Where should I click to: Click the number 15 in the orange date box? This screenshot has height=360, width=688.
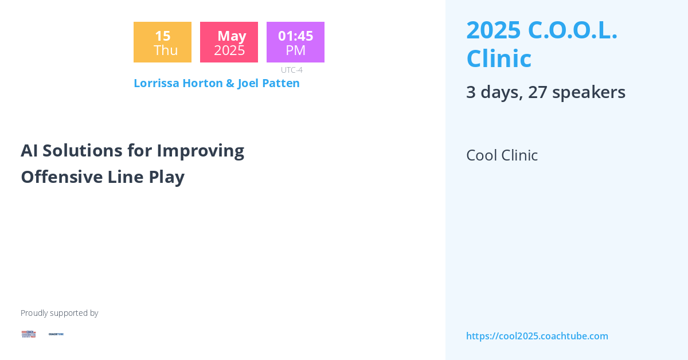click(162, 36)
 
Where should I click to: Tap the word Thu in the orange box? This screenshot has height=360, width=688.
click(165, 50)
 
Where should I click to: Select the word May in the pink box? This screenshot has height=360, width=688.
click(231, 36)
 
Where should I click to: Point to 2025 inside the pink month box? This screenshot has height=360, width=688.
click(229, 50)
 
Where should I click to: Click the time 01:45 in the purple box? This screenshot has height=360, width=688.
click(295, 36)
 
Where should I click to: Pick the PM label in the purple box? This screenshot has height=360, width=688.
click(295, 50)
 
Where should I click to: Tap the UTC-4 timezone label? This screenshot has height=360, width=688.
click(291, 70)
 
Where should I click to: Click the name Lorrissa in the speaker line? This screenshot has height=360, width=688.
click(157, 83)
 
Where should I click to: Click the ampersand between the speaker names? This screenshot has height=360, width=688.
click(230, 83)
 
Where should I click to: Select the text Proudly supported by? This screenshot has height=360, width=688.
click(59, 313)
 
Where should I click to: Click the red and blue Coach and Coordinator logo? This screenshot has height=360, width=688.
click(29, 334)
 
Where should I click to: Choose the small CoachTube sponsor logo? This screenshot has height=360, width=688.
click(56, 334)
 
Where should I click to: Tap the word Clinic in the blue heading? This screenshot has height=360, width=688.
click(499, 58)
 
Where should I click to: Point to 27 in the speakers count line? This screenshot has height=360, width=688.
click(537, 92)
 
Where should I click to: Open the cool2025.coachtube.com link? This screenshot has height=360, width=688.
click(537, 336)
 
